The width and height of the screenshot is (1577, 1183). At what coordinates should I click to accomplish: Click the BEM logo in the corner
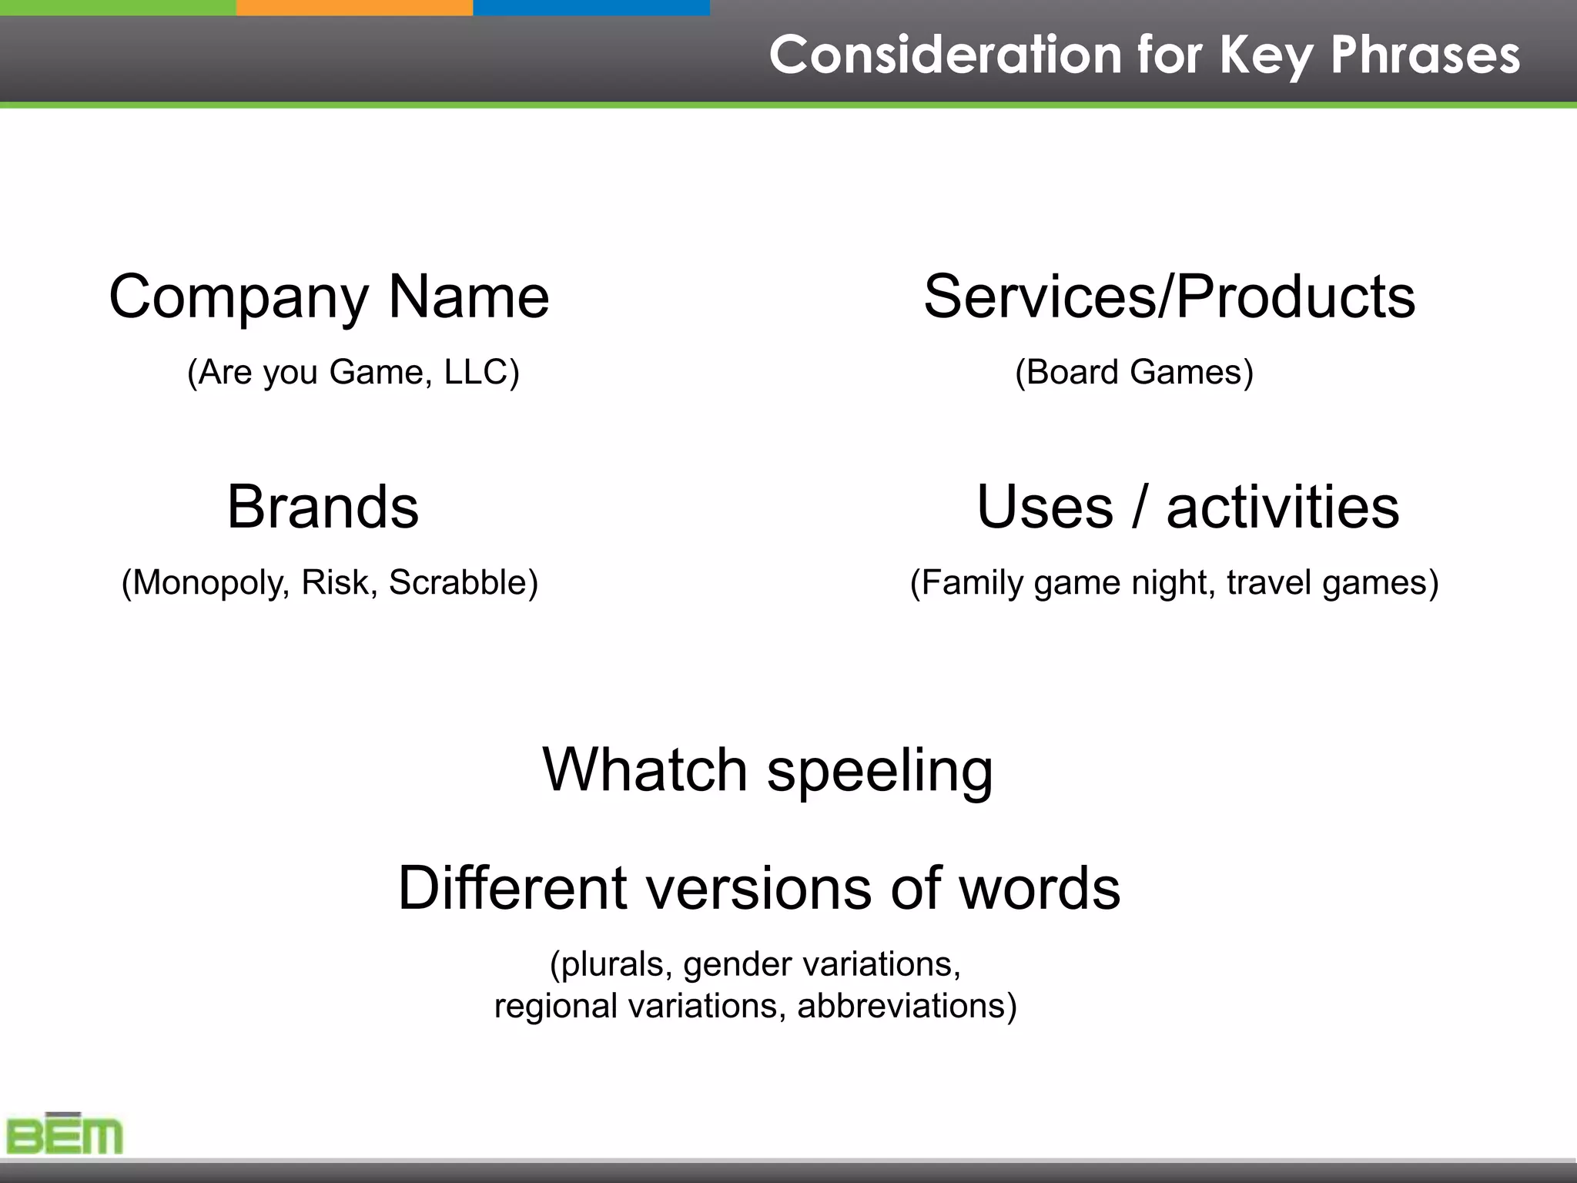[x=65, y=1134]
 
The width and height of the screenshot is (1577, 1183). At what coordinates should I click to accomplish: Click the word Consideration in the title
[x=945, y=55]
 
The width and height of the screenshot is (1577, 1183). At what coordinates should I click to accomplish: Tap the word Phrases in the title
[x=1425, y=55]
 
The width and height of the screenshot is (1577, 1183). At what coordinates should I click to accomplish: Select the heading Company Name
[x=329, y=297]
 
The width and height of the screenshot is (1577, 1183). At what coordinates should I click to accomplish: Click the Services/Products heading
[x=1169, y=297]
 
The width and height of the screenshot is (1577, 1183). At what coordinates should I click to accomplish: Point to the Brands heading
[x=323, y=507]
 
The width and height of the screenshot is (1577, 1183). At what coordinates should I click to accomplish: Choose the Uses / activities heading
[x=1187, y=507]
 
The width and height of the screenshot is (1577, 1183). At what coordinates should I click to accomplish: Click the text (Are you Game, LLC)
[x=353, y=372]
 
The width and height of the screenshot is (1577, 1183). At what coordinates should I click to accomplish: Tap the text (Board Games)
[x=1134, y=372]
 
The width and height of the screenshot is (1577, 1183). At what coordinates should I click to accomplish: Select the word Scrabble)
[x=463, y=582]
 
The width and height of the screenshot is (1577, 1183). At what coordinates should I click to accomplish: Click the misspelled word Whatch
[x=645, y=769]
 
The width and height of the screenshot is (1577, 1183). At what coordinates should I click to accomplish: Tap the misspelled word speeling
[x=879, y=771]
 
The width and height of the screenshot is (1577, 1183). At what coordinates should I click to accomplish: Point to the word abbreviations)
[x=907, y=1006]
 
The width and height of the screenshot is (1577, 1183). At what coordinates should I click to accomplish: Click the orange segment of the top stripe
[x=354, y=7]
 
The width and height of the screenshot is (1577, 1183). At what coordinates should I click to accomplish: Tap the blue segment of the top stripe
[x=591, y=7]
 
